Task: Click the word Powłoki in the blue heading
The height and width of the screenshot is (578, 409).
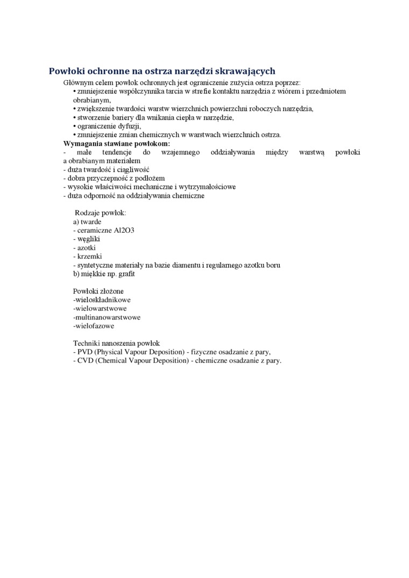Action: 67,71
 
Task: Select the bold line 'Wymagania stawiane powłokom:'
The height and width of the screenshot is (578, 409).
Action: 116,144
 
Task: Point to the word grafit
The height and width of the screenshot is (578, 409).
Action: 125,274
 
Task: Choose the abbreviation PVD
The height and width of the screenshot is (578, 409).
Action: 85,352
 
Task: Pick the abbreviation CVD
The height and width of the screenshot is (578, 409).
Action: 85,360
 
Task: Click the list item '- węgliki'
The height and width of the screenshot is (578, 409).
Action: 87,239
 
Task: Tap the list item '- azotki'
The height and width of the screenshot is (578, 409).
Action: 84,247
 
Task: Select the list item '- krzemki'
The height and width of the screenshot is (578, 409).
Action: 87,256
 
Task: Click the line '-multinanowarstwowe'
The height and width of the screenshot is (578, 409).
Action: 107,317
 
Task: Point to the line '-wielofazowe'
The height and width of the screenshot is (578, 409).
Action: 94,326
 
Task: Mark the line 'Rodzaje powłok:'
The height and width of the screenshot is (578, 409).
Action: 100,213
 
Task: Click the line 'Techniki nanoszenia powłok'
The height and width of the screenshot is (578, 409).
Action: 116,343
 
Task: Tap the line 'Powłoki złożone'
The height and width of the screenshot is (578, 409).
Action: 98,291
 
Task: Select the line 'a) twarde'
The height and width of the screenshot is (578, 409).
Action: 87,222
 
